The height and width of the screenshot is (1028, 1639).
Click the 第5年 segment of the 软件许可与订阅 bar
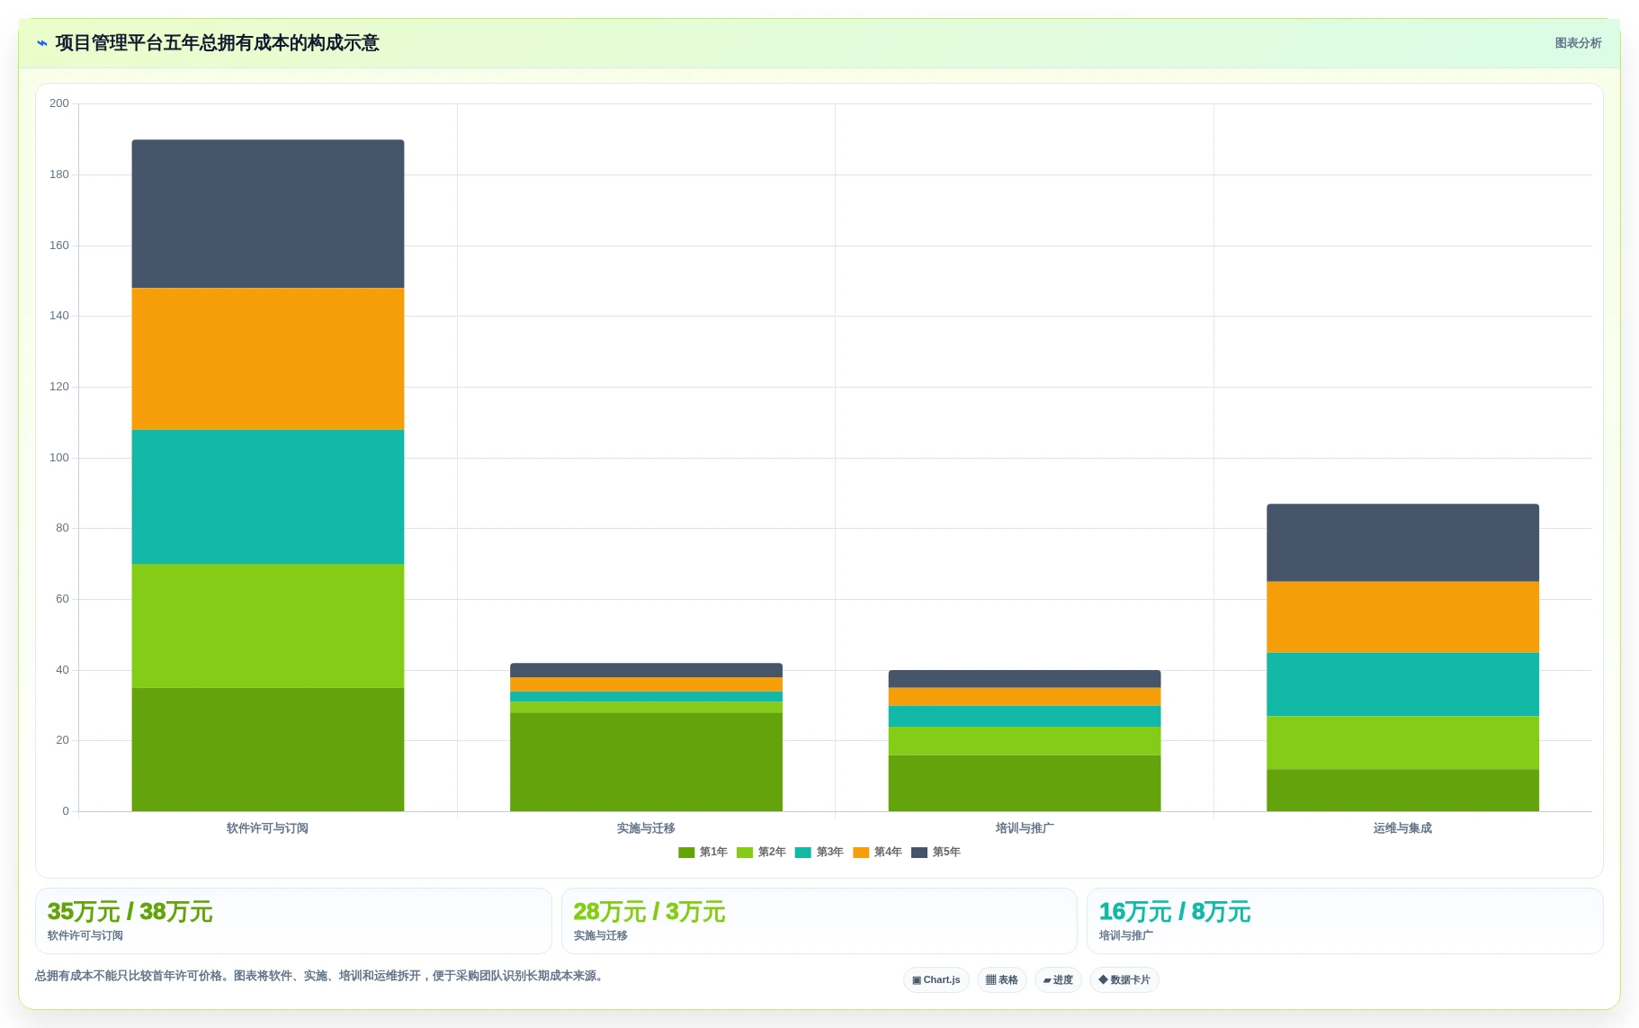(268, 214)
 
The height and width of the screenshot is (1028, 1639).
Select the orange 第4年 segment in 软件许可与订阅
(268, 359)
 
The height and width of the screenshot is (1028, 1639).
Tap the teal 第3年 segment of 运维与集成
(1402, 684)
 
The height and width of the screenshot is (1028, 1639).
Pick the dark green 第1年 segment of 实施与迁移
(646, 762)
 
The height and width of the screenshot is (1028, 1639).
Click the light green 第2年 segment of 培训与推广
(1025, 741)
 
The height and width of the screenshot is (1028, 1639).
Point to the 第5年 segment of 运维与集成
(1402, 543)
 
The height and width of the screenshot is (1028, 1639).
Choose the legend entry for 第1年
(703, 852)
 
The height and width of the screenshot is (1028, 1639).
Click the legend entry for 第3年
(819, 852)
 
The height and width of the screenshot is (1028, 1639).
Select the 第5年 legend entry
(936, 852)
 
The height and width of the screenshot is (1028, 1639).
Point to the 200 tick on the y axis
(59, 103)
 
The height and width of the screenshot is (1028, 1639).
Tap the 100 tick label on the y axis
(59, 458)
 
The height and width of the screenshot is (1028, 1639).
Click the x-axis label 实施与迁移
(646, 828)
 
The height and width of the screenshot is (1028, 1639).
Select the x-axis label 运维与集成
(1402, 828)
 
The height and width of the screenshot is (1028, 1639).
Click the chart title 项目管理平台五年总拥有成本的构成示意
(217, 43)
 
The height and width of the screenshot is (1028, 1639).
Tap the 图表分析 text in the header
(1578, 43)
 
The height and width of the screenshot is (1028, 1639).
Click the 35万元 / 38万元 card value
(130, 912)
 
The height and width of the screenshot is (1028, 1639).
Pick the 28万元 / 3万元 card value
(649, 912)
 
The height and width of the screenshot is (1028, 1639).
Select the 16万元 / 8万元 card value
(1174, 912)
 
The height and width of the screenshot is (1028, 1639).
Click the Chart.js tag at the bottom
(936, 979)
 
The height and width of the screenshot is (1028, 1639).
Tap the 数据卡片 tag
(1124, 979)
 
